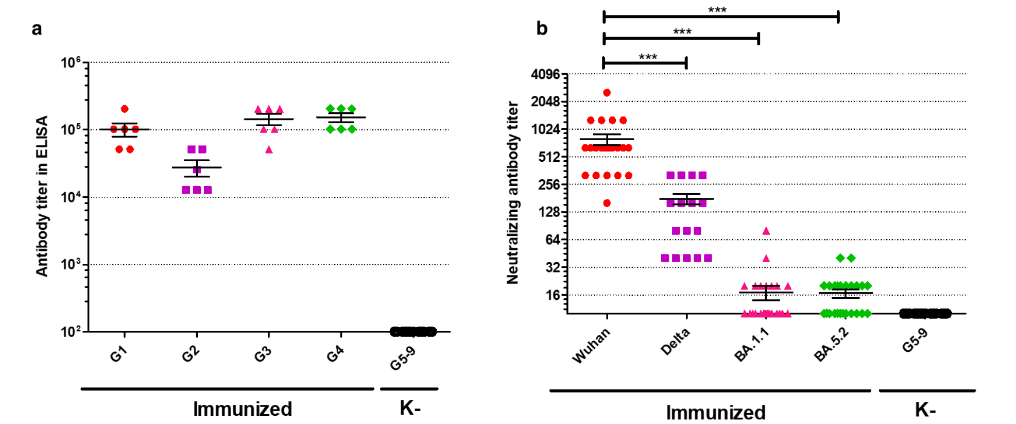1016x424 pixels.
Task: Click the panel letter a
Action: pyautogui.click(x=37, y=29)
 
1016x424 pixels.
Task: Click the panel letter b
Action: pyautogui.click(x=542, y=28)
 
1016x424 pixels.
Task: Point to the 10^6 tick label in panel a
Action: pyautogui.click(x=71, y=63)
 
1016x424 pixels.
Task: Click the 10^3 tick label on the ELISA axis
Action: pyautogui.click(x=71, y=265)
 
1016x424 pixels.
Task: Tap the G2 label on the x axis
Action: pyautogui.click(x=190, y=354)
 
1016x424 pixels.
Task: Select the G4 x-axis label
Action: pyautogui.click(x=335, y=354)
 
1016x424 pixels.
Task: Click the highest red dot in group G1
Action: pyautogui.click(x=125, y=109)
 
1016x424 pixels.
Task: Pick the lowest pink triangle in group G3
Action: pyautogui.click(x=269, y=150)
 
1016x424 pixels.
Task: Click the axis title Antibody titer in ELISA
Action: pyautogui.click(x=42, y=196)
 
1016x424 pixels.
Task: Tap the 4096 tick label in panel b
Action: pyautogui.click(x=545, y=75)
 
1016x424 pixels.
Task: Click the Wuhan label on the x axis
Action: pyautogui.click(x=591, y=346)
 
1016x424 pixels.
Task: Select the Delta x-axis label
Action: pyautogui.click(x=675, y=342)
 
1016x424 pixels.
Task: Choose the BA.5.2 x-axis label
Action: pyautogui.click(x=831, y=345)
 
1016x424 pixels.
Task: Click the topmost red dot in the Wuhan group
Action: pyautogui.click(x=607, y=93)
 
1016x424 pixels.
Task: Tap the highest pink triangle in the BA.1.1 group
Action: pyautogui.click(x=766, y=231)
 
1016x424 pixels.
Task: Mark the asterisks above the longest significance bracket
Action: pyautogui.click(x=717, y=10)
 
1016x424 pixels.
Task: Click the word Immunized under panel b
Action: pyautogui.click(x=716, y=413)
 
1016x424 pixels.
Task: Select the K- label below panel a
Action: pyautogui.click(x=410, y=408)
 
